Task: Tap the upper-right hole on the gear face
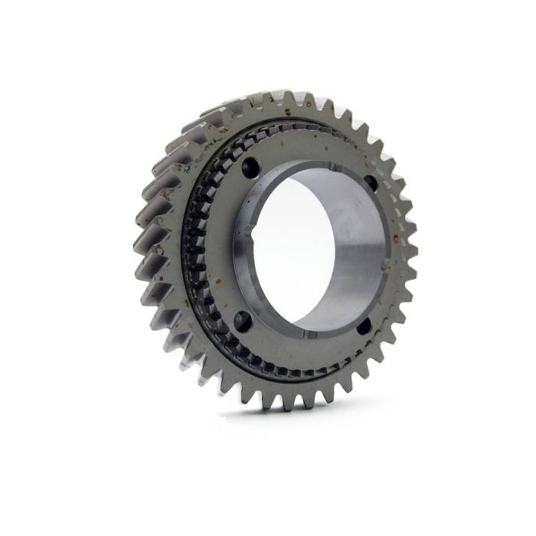(371, 183)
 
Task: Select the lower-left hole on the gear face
(242, 319)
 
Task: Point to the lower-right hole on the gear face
(364, 325)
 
